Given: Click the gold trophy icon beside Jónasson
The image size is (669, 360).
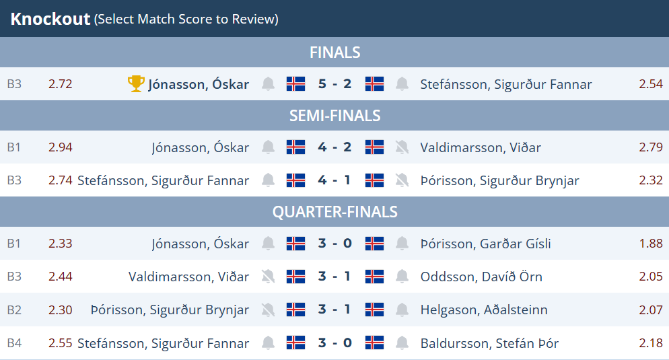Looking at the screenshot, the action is (136, 83).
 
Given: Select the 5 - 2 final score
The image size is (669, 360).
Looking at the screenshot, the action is (335, 83).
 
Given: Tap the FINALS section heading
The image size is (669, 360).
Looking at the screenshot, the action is (335, 52).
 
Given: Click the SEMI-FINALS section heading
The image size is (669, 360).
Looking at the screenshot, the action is (335, 116).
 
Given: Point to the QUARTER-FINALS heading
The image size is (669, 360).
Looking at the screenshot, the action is (335, 212).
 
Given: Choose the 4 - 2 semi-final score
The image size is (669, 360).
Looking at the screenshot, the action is (335, 147).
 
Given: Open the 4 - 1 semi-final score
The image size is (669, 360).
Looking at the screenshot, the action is (335, 180).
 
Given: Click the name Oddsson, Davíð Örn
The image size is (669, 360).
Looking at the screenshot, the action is (481, 277).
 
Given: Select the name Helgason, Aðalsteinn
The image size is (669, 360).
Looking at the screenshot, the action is (484, 310).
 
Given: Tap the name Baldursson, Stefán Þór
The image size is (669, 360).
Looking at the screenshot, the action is (489, 343).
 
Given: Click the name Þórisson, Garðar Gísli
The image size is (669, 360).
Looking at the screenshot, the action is (485, 244).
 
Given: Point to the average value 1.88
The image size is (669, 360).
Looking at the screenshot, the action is (651, 244).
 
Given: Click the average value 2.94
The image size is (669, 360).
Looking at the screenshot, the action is (60, 147).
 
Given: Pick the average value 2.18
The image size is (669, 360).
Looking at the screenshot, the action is (651, 343).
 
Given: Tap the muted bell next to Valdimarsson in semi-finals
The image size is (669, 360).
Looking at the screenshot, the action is (402, 147).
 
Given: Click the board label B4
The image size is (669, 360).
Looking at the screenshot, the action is (14, 343).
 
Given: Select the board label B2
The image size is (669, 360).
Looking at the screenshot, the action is (14, 310).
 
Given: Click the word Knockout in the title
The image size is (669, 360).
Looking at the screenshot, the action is (50, 19).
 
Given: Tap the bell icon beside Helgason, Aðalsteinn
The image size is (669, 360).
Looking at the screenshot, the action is (402, 310).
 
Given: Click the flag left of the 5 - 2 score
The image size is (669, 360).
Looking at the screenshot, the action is (295, 83).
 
